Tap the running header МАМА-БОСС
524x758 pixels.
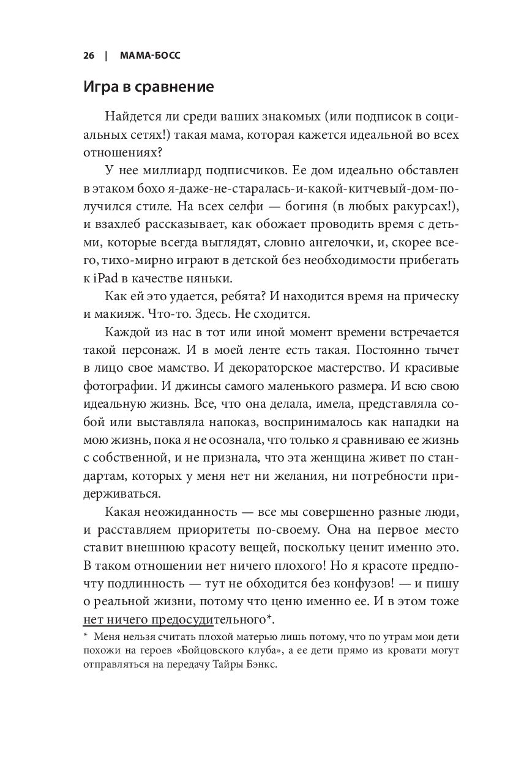[x=146, y=56]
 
